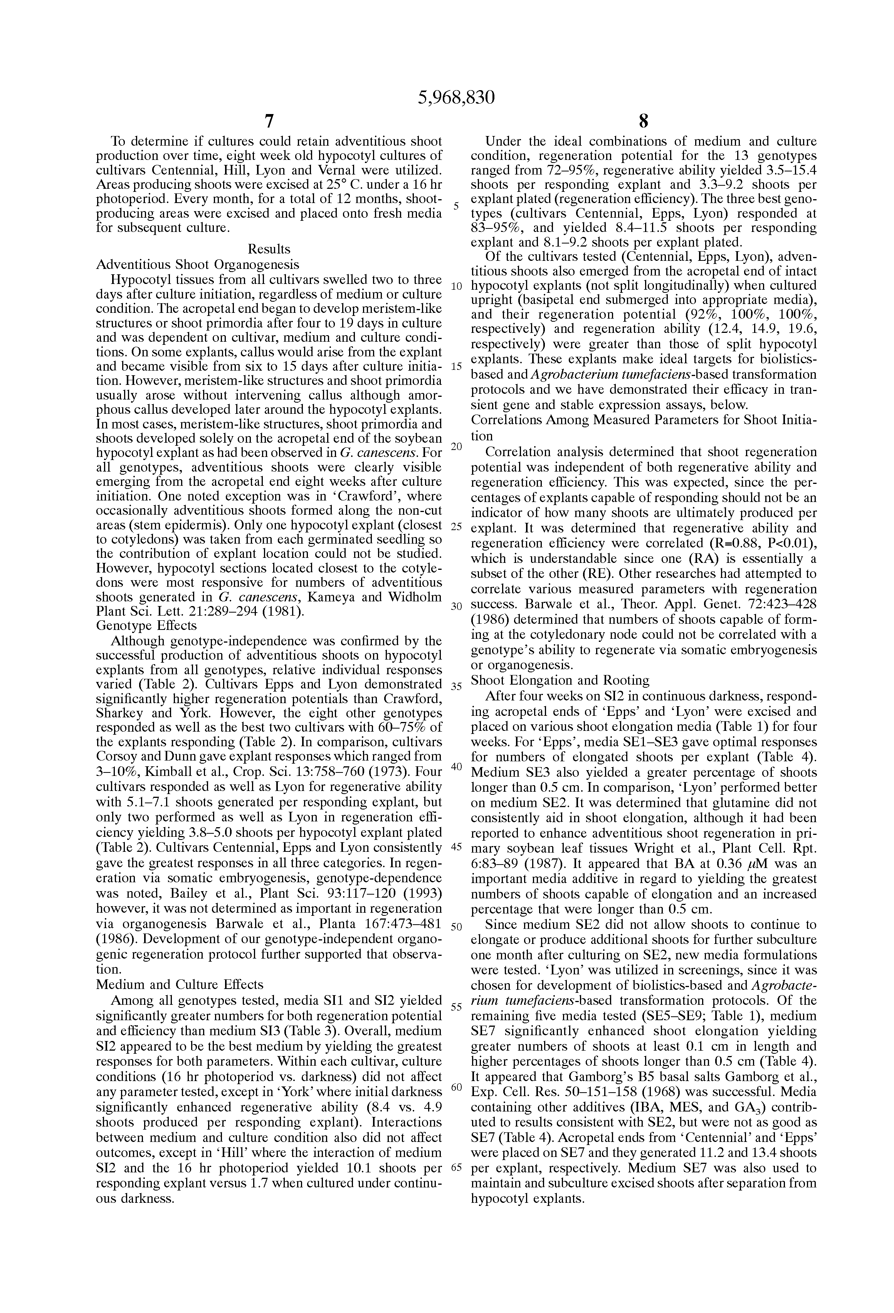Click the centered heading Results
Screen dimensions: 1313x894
pyautogui.click(x=269, y=249)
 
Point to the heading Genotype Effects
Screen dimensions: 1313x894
pyautogui.click(x=146, y=625)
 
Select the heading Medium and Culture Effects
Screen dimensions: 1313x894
pyautogui.click(x=180, y=985)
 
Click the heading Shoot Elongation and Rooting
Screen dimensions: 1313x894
pyautogui.click(x=560, y=680)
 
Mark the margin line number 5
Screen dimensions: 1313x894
pyautogui.click(x=456, y=206)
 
